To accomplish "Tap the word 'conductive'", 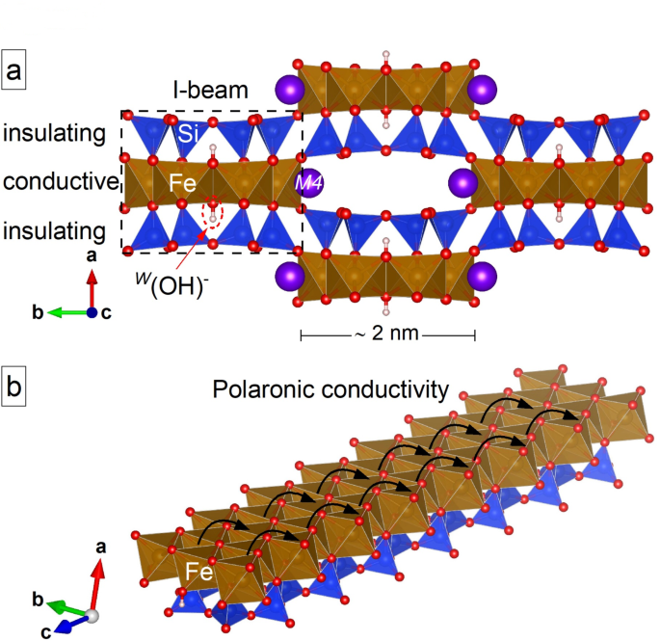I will point(60,181).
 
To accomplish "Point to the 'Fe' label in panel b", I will point(199,573).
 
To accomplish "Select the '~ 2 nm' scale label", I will point(387,335).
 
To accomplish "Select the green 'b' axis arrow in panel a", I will point(65,312).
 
